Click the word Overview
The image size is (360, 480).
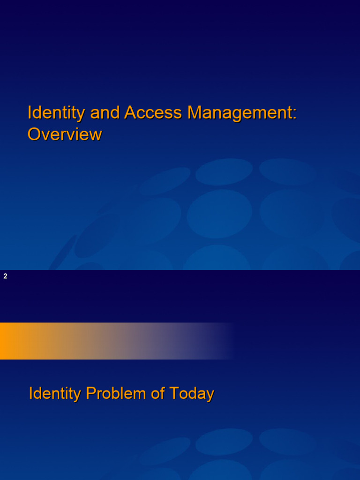coord(65,135)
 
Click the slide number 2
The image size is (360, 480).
coord(6,277)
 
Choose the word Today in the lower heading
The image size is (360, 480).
coord(191,393)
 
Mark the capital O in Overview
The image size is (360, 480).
coord(34,135)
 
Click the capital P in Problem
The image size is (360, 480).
coord(90,393)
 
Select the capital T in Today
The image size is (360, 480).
coord(173,393)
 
